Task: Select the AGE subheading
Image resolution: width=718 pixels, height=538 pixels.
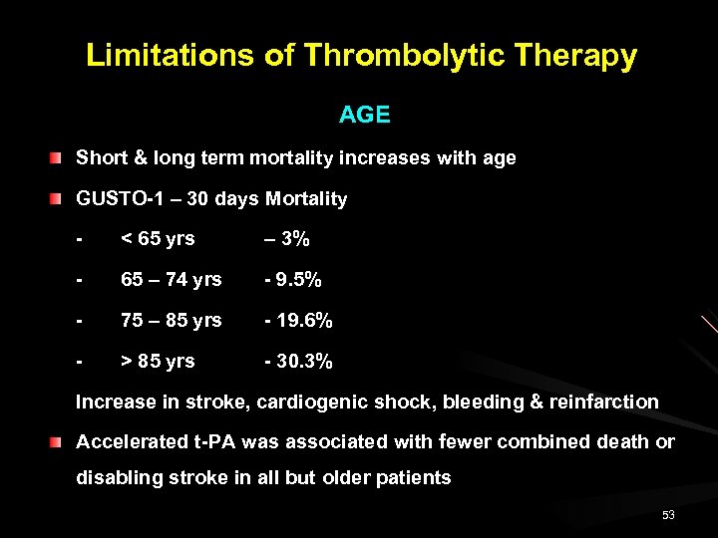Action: pos(364,115)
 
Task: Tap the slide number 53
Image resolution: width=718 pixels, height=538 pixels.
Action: pos(668,515)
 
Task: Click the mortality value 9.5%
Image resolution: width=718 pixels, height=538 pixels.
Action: pos(296,280)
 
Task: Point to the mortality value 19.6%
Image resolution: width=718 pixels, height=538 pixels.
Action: pos(301,321)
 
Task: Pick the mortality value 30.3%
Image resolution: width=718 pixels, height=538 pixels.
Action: pos(301,361)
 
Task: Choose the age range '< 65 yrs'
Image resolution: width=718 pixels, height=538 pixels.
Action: pos(158,239)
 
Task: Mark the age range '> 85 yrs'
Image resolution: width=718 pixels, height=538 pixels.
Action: pos(158,361)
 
